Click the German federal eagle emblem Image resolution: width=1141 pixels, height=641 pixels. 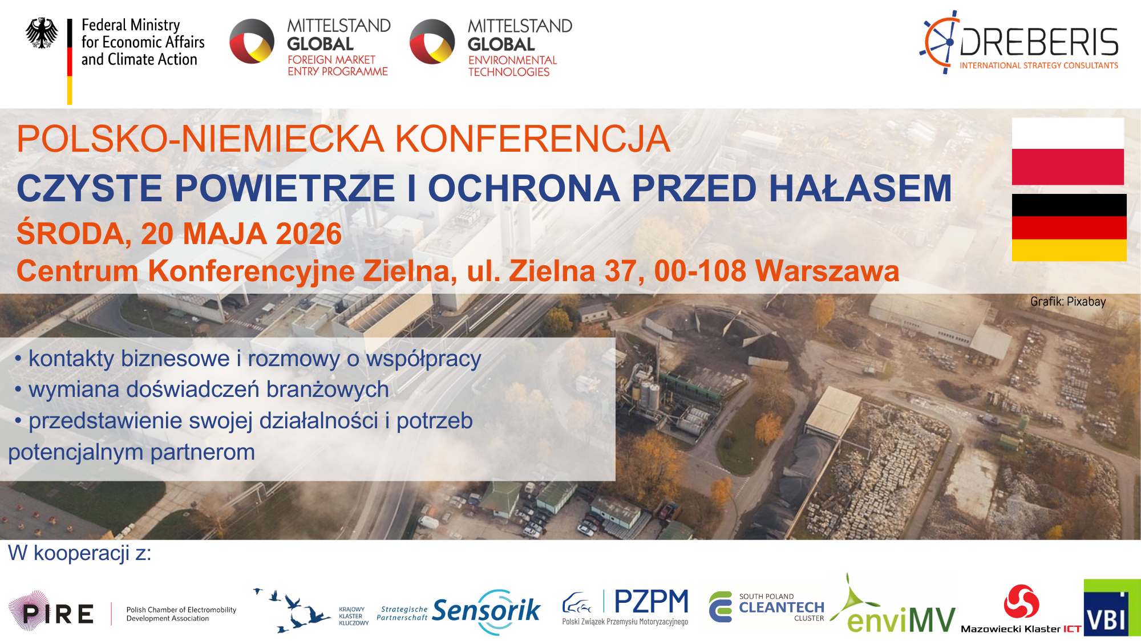42,33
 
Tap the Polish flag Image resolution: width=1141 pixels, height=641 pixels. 1068,151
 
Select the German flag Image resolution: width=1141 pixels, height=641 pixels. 1069,228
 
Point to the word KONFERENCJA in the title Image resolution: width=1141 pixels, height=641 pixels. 533,139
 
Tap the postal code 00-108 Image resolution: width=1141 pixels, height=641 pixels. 700,271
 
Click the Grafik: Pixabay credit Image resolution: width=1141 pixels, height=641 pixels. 1068,302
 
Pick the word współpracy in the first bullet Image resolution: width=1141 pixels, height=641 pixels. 423,359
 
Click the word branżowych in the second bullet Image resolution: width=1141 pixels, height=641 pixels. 327,390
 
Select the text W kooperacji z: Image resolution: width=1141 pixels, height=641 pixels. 80,553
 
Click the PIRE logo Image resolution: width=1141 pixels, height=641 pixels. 51,612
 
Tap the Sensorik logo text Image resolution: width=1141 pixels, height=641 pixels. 486,611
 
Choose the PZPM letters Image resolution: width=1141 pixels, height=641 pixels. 652,602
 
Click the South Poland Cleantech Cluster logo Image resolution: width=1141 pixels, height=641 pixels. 767,607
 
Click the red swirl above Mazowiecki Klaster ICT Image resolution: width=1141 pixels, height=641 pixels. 1021,602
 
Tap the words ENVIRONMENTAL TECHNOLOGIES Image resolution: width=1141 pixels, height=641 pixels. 512,66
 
